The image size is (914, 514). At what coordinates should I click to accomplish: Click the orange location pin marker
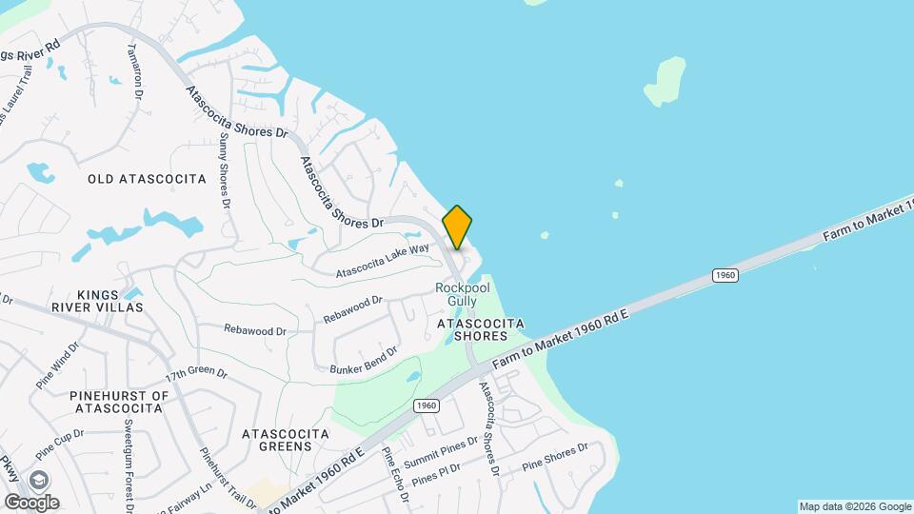point(457,227)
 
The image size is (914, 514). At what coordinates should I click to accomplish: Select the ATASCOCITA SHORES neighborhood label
point(481,329)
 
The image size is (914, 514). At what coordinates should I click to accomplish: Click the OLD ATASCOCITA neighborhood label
point(147,179)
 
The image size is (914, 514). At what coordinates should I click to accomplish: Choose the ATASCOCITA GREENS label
point(286,439)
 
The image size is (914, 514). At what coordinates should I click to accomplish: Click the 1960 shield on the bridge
point(725,275)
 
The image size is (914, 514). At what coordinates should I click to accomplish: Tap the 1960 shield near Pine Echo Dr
point(426,405)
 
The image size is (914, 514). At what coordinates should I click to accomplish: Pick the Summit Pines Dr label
point(440,451)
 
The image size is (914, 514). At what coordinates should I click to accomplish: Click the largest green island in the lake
point(666,80)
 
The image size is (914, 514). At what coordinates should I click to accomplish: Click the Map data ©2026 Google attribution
point(855,506)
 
